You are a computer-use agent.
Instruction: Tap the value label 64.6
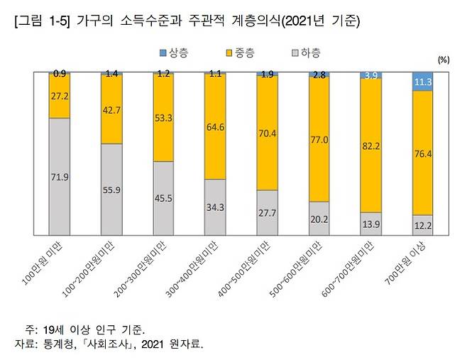pyautogui.click(x=215, y=128)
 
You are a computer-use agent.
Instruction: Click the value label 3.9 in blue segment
pyautogui.click(x=370, y=75)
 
